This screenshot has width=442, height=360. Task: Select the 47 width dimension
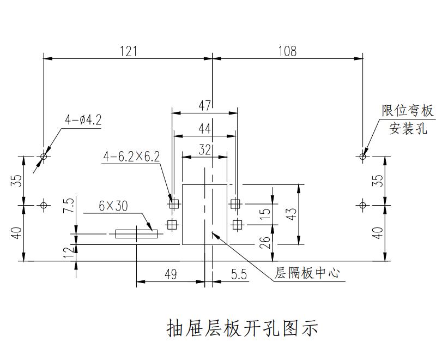click(204, 105)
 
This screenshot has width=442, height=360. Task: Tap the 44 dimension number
click(204, 129)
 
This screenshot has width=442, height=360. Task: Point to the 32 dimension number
click(204, 150)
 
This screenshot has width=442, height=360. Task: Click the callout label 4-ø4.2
click(83, 120)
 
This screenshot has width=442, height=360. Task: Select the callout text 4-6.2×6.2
click(131, 157)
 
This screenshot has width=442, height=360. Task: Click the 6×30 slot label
click(113, 206)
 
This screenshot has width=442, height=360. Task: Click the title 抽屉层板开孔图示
click(241, 328)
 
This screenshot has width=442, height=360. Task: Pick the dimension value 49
click(171, 274)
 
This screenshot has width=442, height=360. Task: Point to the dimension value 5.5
click(239, 274)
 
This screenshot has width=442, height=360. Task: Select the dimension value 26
click(265, 242)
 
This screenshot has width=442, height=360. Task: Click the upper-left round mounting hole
click(44, 157)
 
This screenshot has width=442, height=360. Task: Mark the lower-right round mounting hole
click(363, 205)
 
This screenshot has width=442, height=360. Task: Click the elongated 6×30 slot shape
click(136, 234)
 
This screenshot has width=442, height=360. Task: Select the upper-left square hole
click(174, 205)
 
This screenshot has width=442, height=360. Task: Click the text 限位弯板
click(408, 111)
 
